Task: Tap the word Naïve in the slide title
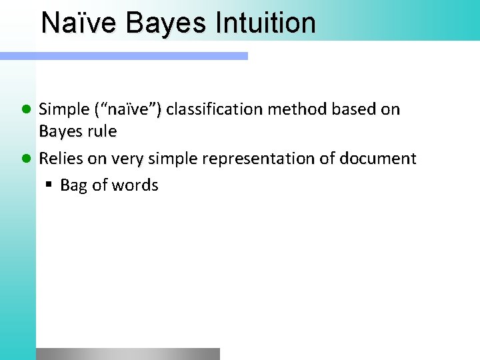click(x=79, y=23)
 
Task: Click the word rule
click(x=101, y=131)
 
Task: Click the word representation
click(x=257, y=159)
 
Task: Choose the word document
click(x=377, y=159)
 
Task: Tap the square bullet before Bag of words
click(x=49, y=185)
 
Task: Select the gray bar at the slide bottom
click(x=127, y=353)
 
